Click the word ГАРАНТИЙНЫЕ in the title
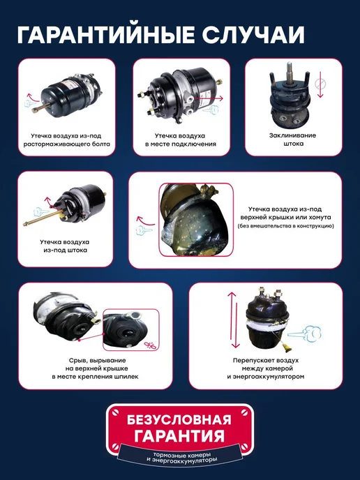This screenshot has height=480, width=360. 106,35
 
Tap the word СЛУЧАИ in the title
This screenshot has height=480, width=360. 253,35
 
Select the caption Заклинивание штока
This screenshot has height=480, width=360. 292,140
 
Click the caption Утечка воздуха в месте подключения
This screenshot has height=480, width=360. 181,140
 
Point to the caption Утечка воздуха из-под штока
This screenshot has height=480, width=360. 65,246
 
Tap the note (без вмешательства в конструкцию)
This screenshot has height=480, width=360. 285,226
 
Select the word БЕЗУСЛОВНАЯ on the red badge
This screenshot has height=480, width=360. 179,420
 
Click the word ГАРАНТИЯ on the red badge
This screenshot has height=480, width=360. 179,435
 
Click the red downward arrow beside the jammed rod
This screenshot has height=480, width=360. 320,84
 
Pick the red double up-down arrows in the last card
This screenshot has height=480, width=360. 234,320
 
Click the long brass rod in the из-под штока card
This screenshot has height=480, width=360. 43,218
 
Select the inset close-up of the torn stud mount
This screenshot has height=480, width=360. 131,329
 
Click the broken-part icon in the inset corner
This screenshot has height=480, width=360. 150,345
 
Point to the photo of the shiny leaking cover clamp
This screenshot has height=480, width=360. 196,220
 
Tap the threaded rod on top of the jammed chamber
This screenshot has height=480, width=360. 290,73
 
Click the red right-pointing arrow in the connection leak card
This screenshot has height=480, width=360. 209,98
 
